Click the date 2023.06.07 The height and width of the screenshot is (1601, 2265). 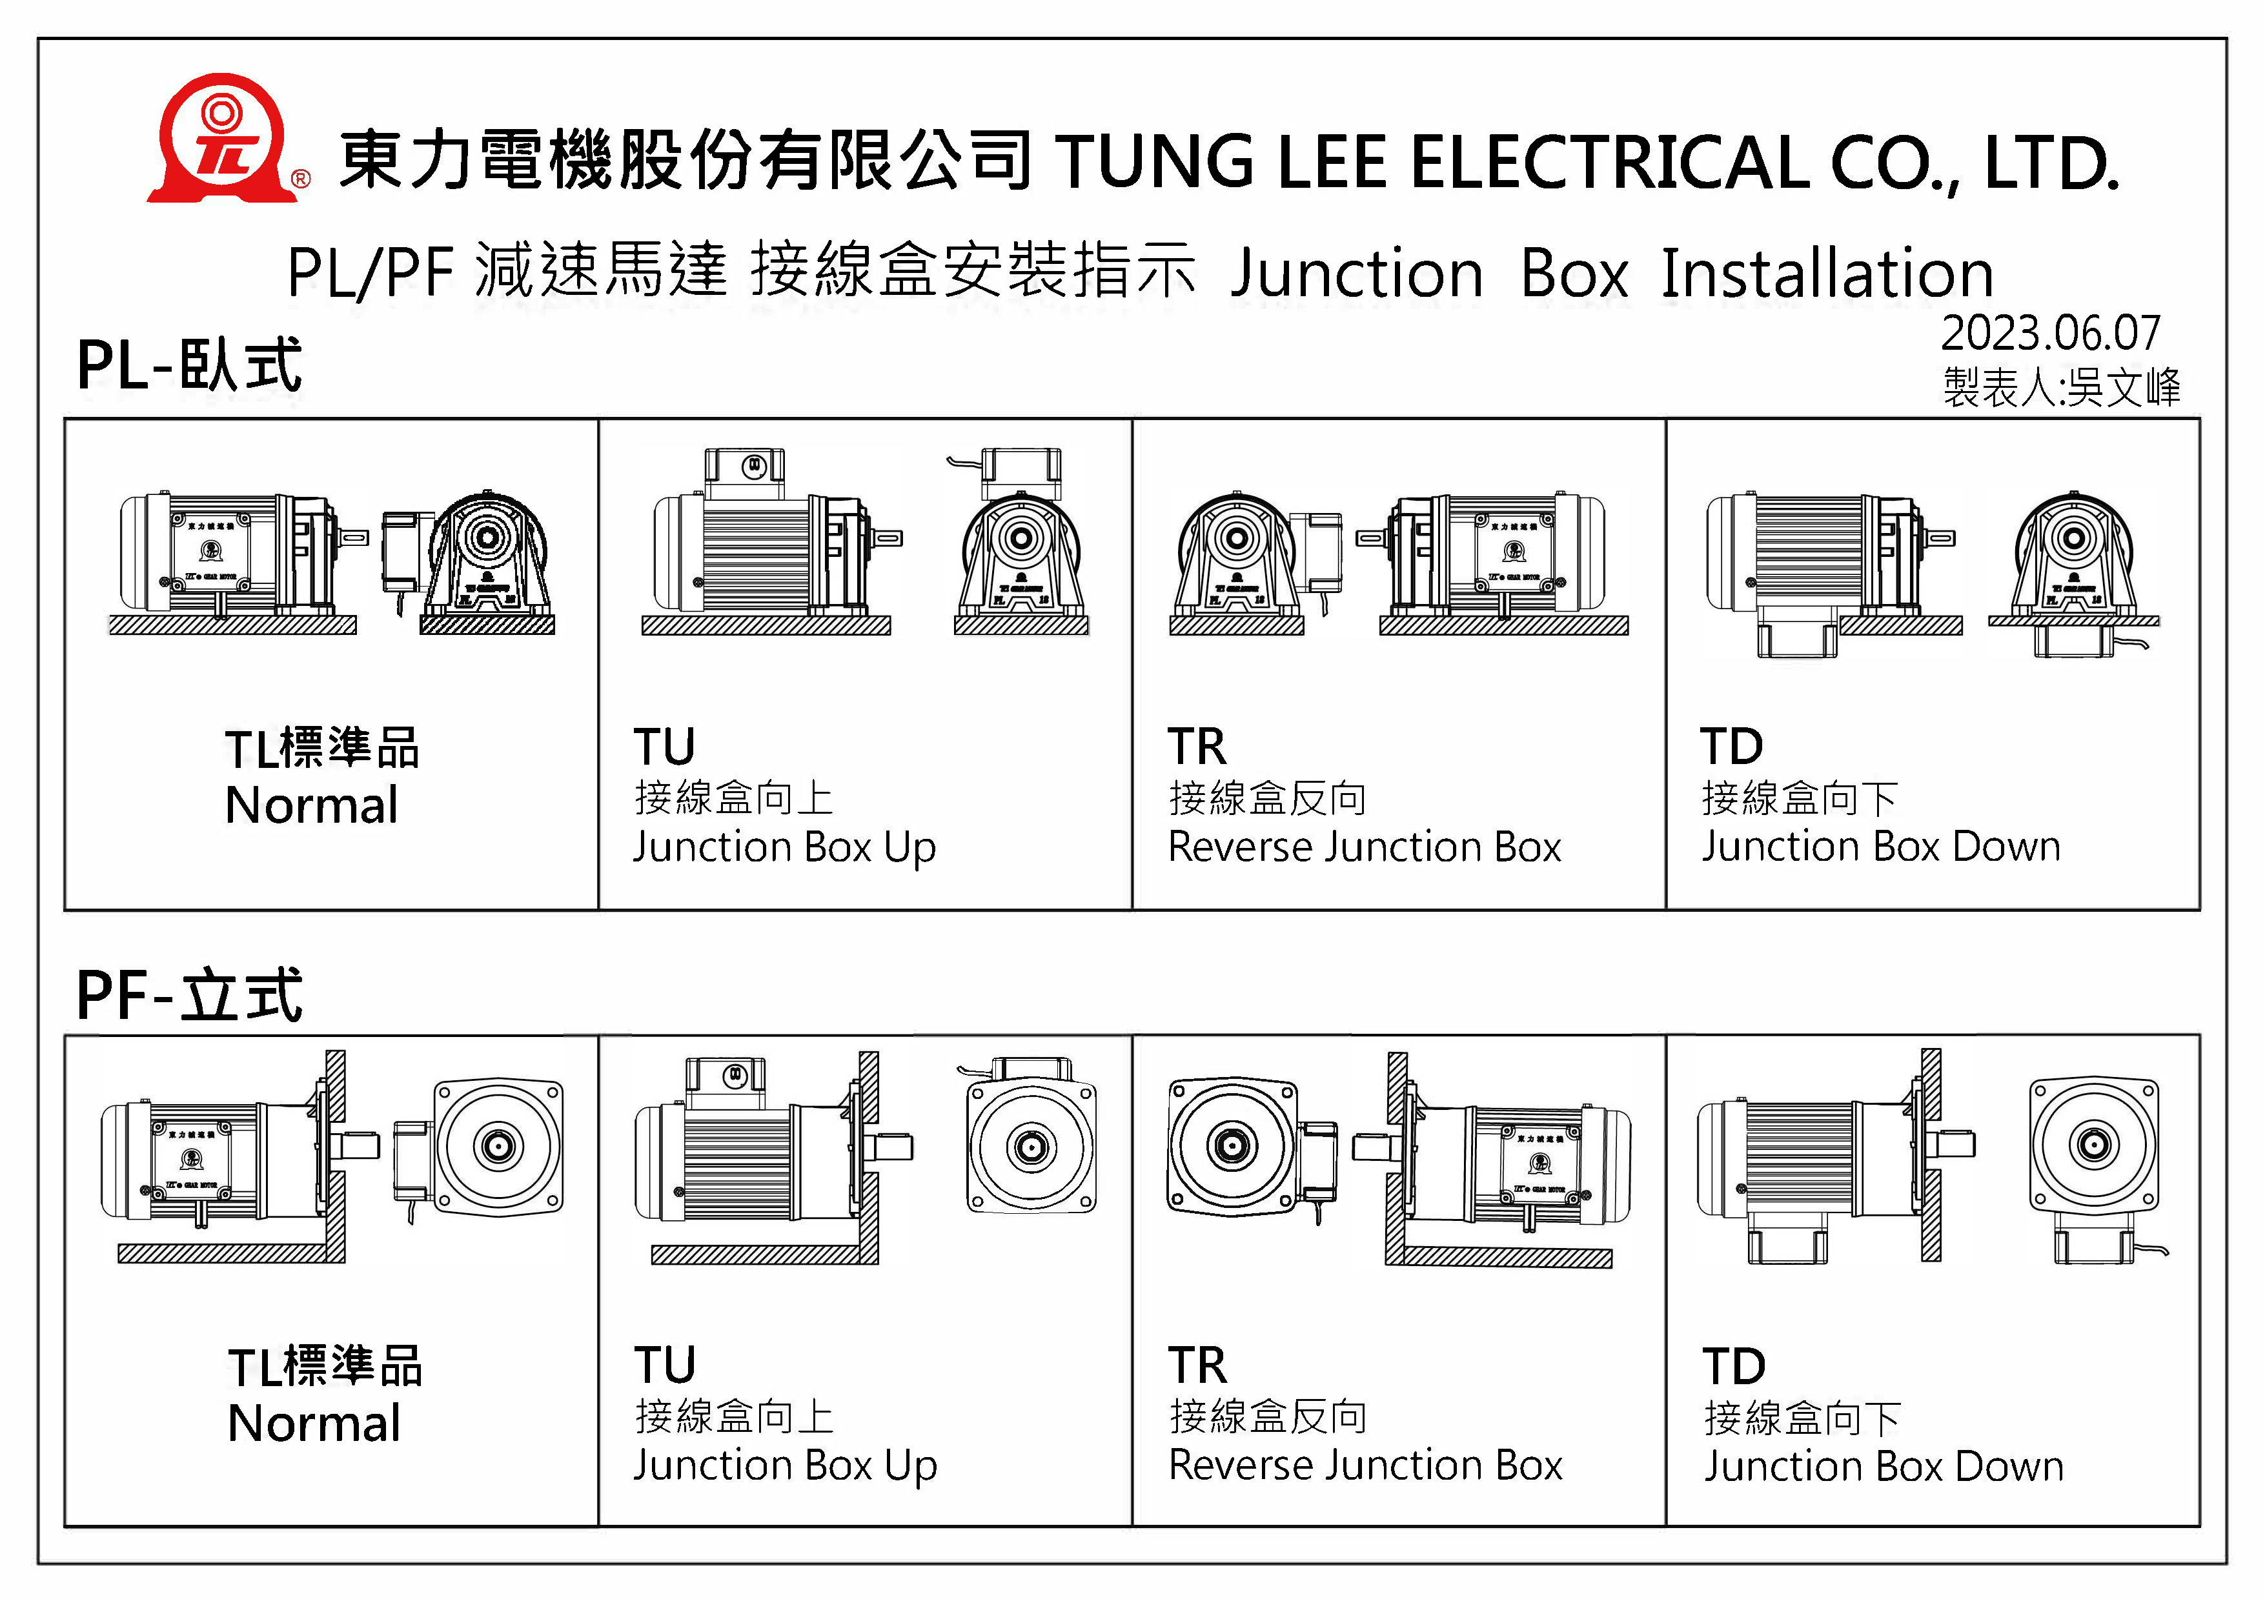pos(2050,334)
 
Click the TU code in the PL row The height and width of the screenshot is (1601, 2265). pos(664,747)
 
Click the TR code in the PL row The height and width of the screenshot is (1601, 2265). pos(1197,747)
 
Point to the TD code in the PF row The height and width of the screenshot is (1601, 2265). pos(1733,1366)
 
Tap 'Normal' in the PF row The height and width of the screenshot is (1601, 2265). pos(314,1424)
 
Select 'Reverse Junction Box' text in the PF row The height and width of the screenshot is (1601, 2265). pos(1365,1466)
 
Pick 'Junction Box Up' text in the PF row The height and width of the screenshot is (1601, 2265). pos(784,1466)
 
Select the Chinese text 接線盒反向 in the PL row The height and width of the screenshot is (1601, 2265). pos(1266,798)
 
